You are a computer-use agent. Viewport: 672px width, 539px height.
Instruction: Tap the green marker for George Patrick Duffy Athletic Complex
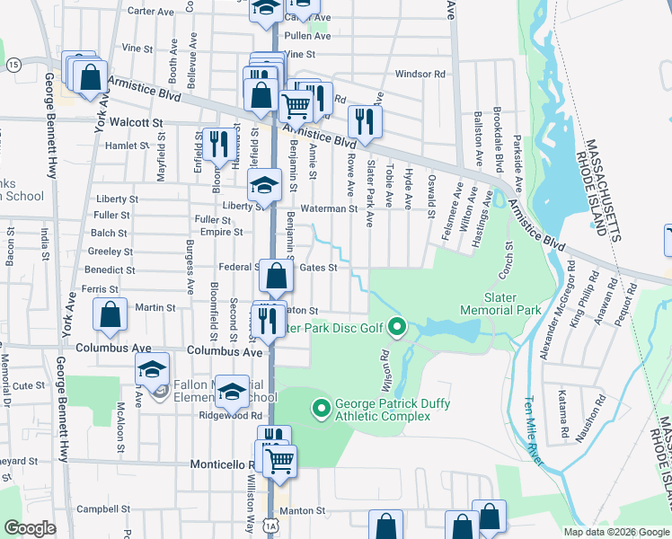(321, 410)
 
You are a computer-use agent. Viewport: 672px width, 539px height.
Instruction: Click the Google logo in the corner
(30, 528)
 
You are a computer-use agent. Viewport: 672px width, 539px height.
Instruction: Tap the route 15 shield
(13, 65)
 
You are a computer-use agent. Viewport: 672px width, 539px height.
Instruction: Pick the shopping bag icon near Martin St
(110, 315)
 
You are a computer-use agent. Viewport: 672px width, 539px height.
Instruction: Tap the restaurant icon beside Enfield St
(218, 144)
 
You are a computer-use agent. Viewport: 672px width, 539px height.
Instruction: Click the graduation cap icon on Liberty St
(264, 188)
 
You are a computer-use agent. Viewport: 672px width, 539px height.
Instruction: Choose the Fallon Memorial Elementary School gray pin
(159, 392)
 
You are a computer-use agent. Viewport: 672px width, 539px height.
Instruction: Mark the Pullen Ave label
(307, 36)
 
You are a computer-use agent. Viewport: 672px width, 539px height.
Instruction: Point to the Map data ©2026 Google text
(615, 531)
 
